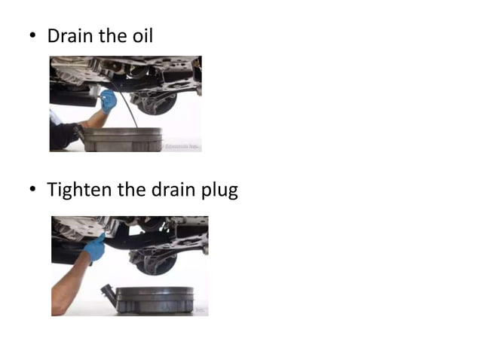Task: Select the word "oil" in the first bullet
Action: click(141, 35)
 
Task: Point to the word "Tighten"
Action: click(79, 191)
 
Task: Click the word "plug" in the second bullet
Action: click(219, 191)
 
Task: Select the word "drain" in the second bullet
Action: click(173, 190)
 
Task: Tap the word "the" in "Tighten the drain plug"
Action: click(131, 190)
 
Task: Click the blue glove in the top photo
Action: click(108, 99)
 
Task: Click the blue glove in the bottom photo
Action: click(95, 248)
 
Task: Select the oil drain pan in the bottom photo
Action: click(155, 299)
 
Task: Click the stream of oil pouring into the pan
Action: click(130, 113)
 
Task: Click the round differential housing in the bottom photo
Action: click(155, 261)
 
